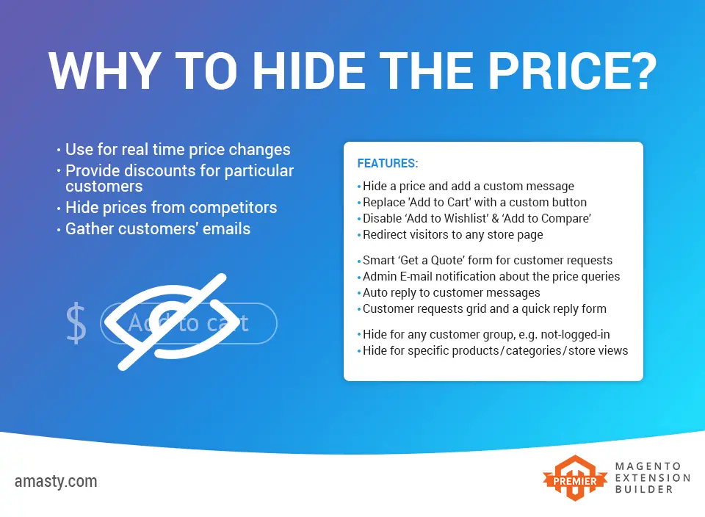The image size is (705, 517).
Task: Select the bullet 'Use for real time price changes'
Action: [x=178, y=150]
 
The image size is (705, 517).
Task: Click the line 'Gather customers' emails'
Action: [x=158, y=229]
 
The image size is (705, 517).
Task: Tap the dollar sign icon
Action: [x=76, y=323]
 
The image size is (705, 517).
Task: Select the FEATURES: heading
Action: [x=387, y=163]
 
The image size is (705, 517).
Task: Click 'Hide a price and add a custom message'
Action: [x=469, y=187]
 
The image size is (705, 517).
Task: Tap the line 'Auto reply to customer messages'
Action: [x=451, y=292]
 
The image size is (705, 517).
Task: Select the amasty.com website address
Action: [x=56, y=482]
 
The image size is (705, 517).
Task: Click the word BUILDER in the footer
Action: [x=644, y=488]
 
